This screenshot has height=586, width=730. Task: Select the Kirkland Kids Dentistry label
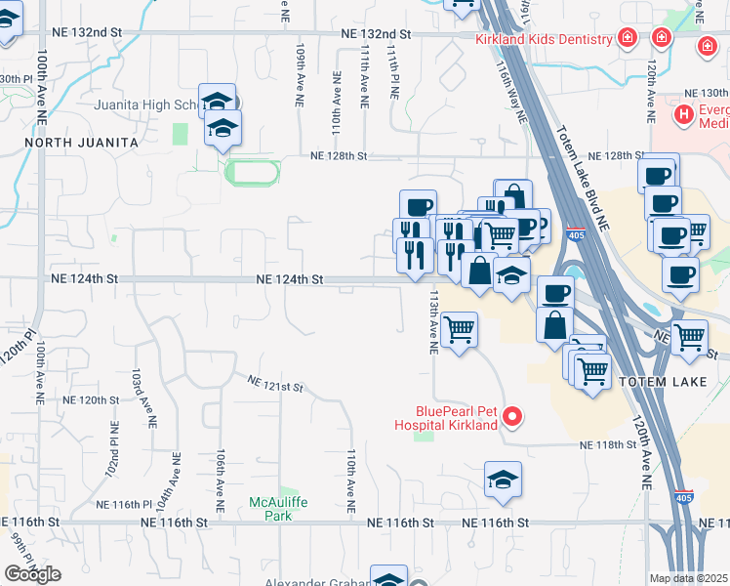click(x=544, y=40)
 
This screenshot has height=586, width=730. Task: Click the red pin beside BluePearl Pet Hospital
click(x=511, y=418)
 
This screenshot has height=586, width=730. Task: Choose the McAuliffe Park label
click(x=277, y=508)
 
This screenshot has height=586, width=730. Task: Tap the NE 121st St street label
click(x=275, y=384)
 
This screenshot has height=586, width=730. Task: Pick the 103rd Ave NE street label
click(x=148, y=398)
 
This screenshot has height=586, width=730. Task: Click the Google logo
click(x=32, y=574)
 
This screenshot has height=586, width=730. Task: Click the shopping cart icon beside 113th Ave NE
click(x=459, y=329)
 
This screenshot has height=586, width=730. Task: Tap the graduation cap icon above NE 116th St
click(x=503, y=479)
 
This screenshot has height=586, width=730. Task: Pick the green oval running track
click(x=252, y=174)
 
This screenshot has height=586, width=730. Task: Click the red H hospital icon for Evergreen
click(x=684, y=115)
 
